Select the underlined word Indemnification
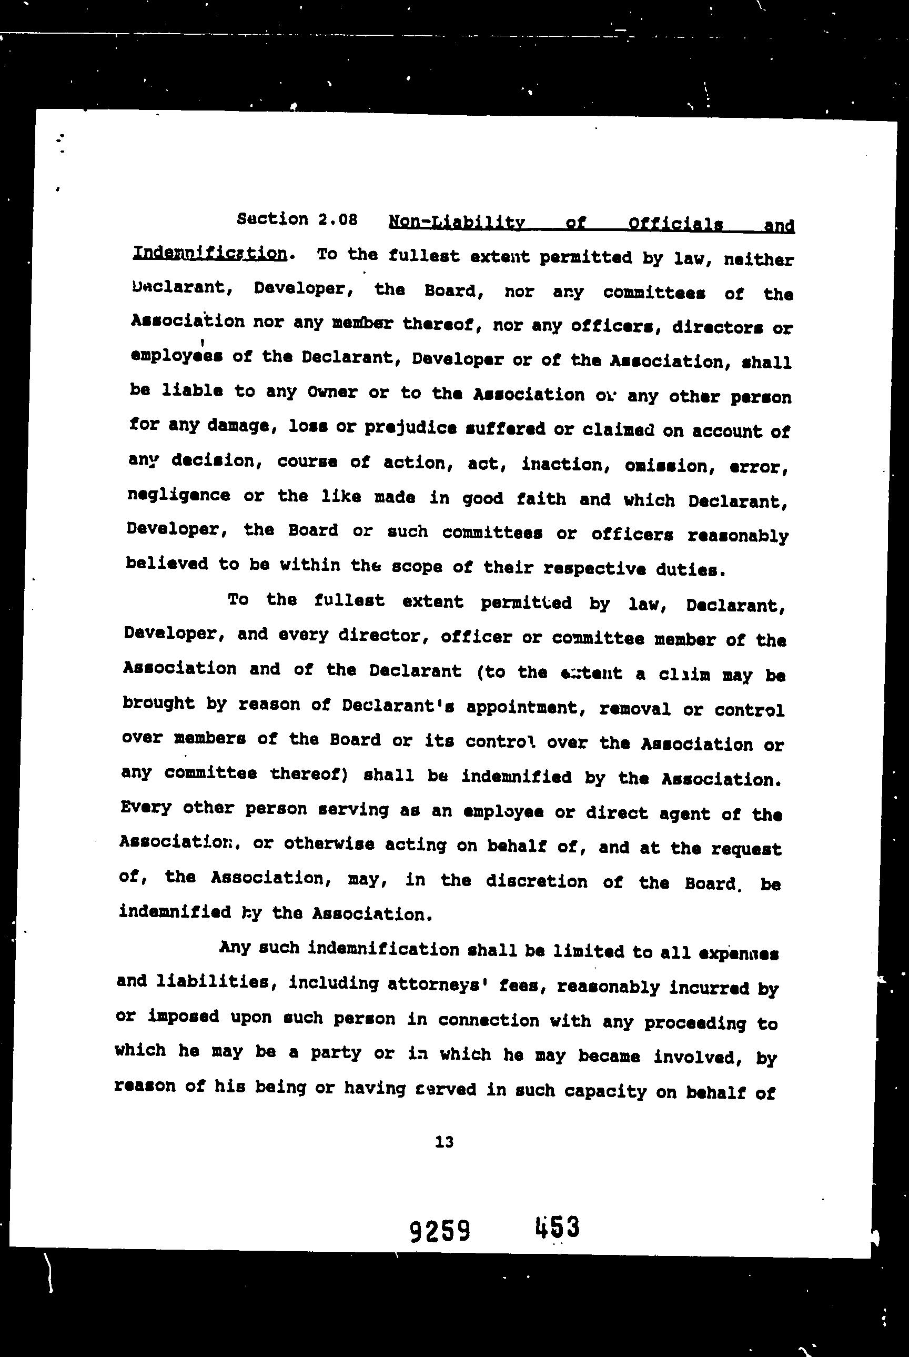(210, 254)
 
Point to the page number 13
(443, 1142)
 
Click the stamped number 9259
(440, 1230)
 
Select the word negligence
(178, 495)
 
